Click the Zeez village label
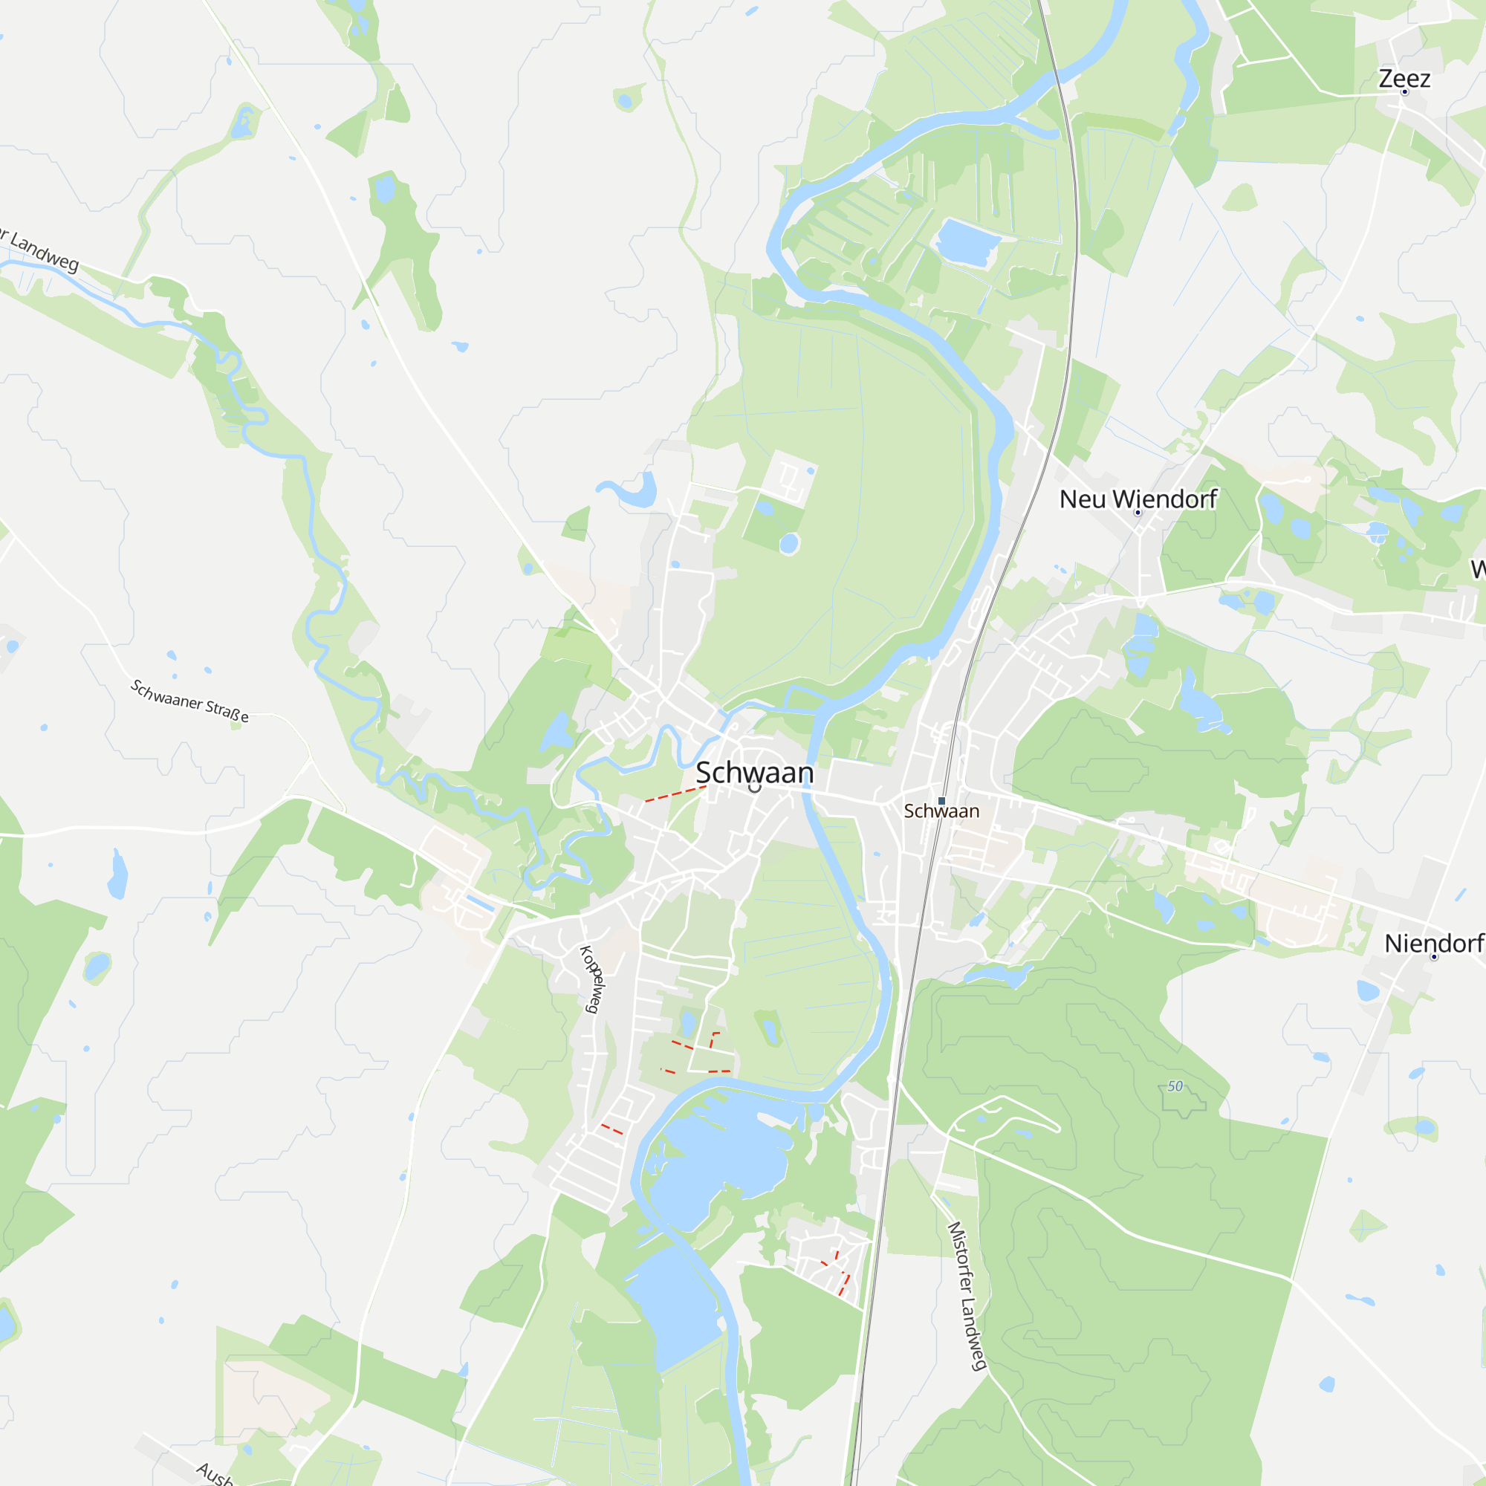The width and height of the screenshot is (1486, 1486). coord(1404,79)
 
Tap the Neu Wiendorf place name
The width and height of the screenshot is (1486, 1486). coord(1138,499)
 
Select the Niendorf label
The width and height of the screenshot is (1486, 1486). coord(1434,944)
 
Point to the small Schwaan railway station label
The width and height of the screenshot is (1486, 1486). coord(941,811)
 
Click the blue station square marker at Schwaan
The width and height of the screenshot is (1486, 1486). coord(941,801)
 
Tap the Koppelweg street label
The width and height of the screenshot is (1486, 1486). coord(591,979)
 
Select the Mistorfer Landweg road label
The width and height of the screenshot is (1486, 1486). coord(967,1296)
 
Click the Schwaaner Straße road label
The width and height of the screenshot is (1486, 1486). coord(189,701)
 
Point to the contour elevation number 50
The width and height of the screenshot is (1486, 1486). coord(1175,1086)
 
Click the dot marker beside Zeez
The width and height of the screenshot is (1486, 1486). coord(1404,92)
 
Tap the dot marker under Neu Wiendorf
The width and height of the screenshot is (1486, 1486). coord(1138,512)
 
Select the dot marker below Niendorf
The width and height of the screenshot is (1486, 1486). coord(1434,957)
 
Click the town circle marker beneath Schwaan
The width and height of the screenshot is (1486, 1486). coord(755,787)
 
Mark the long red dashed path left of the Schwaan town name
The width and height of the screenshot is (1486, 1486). coord(675,794)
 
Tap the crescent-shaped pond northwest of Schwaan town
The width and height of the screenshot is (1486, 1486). coord(632,493)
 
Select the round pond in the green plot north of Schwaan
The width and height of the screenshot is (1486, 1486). coord(788,544)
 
